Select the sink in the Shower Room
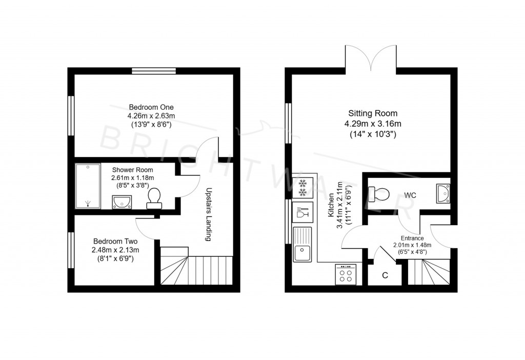coord(122,202)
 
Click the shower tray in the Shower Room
coord(88,186)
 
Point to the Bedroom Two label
coord(115,241)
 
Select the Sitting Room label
coord(373,113)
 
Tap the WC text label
coord(410,195)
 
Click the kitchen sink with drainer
coord(302,245)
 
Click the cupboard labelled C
coord(385,275)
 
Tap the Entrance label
coord(412,238)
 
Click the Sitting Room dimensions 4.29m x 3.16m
coord(373,124)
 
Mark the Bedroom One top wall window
coord(153,71)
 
